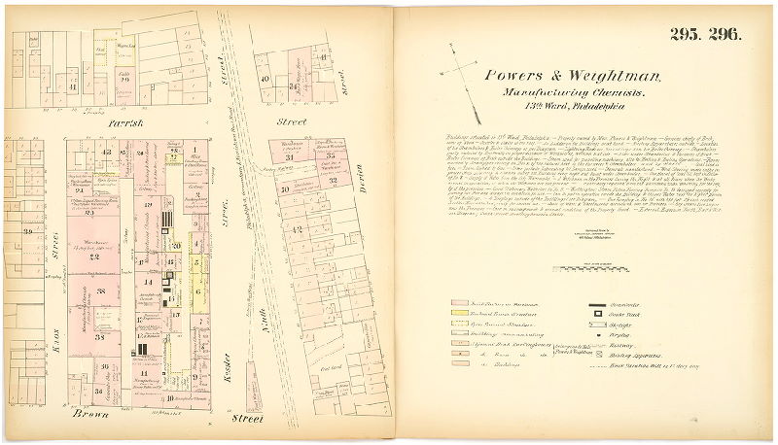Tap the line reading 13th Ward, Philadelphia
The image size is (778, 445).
point(571,108)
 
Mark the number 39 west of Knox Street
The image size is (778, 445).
point(29,231)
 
